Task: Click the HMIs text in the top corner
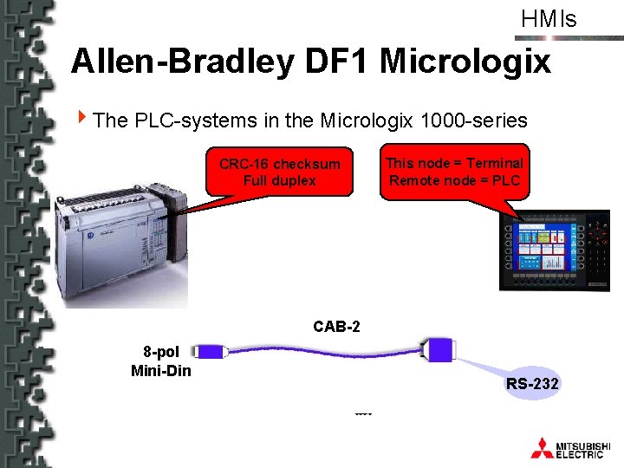point(549,19)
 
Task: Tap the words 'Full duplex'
point(279,181)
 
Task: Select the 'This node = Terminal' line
point(454,163)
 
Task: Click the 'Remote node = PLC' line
point(454,180)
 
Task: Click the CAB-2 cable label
point(336,327)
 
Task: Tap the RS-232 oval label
point(532,383)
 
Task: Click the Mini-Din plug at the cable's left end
point(208,352)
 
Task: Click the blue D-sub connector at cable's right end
point(438,349)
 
